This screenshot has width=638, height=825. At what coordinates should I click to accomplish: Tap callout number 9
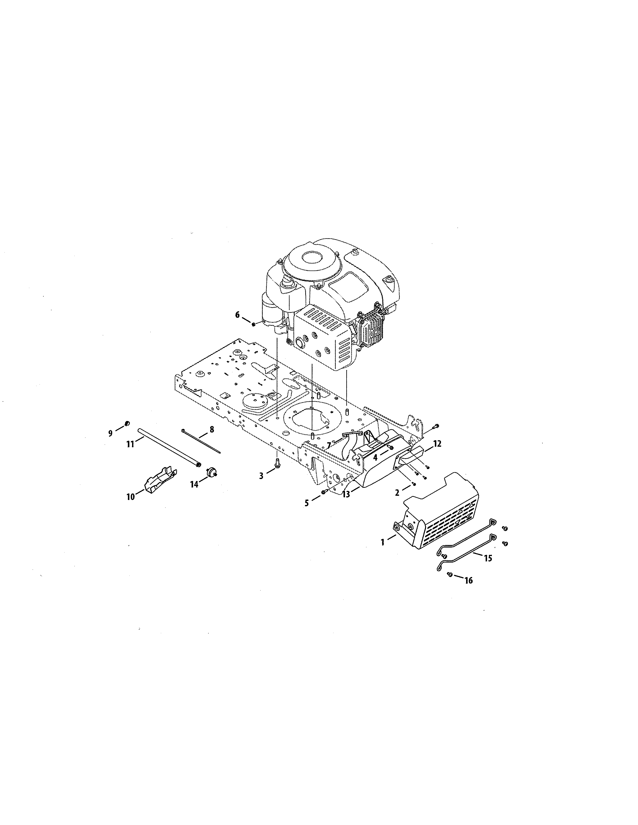click(110, 433)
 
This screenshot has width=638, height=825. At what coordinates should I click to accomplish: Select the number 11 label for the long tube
click(130, 444)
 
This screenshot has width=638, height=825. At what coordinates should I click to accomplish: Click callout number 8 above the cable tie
click(211, 429)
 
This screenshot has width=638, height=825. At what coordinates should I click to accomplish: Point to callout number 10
click(130, 497)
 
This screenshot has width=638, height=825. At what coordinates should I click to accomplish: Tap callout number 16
click(469, 580)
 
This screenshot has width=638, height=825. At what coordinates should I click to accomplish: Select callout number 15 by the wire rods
click(488, 558)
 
